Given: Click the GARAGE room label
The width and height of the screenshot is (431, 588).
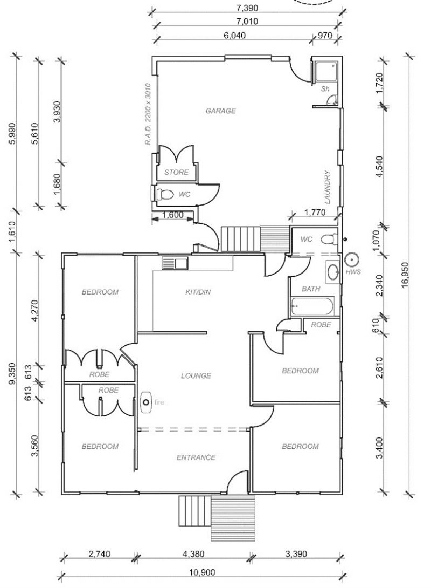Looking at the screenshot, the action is click(x=220, y=111).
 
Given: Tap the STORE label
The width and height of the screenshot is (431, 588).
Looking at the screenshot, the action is click(x=176, y=172).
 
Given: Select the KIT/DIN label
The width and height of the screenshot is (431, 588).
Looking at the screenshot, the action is click(x=198, y=292).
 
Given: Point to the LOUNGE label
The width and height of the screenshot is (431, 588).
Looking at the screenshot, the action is click(x=196, y=375).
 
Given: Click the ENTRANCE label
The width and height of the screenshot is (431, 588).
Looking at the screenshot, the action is click(x=196, y=457).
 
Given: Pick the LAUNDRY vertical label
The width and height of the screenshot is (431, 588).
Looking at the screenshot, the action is click(x=328, y=187).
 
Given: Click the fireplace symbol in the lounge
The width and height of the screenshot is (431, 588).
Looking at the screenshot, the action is click(x=145, y=402).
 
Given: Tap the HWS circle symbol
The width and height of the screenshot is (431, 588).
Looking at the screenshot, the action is click(x=352, y=259).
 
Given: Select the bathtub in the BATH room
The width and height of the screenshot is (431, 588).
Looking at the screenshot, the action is click(x=312, y=306).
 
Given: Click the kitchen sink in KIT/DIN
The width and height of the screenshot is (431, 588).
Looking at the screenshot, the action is click(x=175, y=263).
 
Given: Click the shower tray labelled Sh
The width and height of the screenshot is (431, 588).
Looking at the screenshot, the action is click(x=326, y=71).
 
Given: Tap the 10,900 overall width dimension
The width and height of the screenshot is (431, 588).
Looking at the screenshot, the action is click(x=202, y=572).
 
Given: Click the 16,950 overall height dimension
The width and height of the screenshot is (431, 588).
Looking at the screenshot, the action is click(x=404, y=275).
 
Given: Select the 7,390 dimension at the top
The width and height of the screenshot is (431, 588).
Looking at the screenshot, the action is click(x=247, y=8).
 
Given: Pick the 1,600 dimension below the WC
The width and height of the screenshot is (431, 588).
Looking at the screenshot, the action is click(x=172, y=215).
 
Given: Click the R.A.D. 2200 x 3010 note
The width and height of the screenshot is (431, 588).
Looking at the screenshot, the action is click(x=148, y=114).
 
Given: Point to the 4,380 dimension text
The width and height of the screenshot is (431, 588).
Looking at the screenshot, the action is click(x=193, y=553).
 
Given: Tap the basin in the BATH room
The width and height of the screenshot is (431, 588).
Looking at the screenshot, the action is click(x=332, y=272).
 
